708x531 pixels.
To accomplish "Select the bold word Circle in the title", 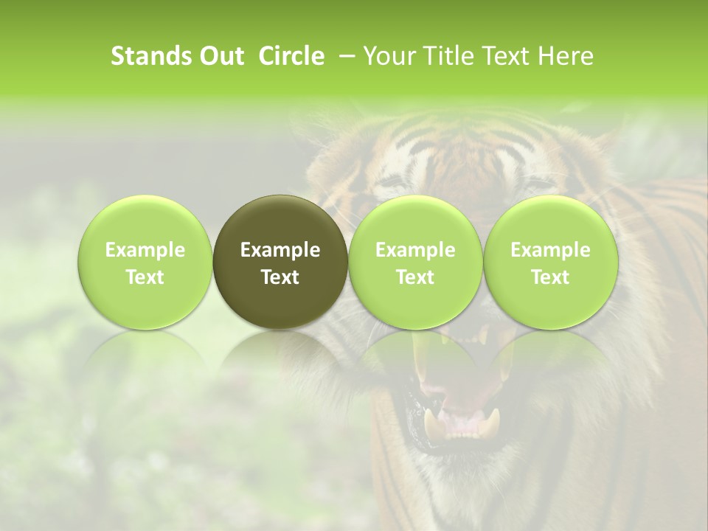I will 286,56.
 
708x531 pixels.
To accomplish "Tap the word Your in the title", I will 387,56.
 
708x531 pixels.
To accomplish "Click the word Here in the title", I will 568,56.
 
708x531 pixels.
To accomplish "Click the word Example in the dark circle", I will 280,250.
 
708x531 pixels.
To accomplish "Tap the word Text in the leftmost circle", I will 145,277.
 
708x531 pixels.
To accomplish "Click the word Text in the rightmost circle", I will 550,277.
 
